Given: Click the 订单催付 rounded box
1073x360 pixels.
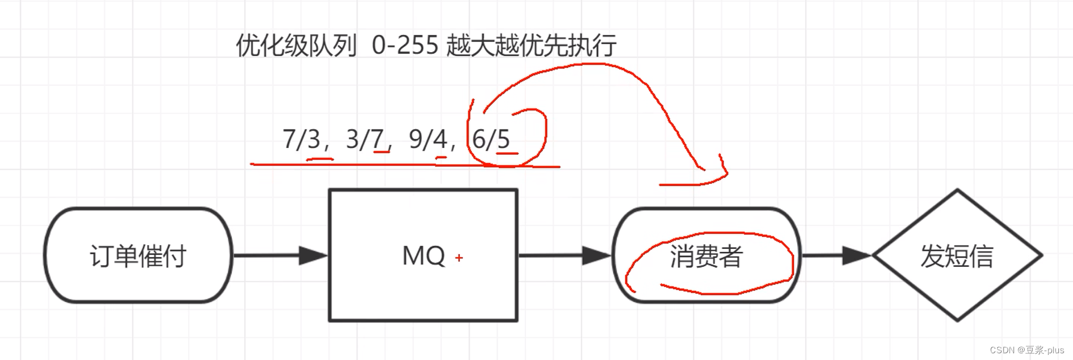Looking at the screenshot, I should (x=138, y=256).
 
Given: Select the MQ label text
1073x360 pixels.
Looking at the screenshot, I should (x=423, y=256).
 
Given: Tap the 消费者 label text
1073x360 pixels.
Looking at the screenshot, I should (x=706, y=256).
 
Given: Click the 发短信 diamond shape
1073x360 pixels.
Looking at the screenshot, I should (x=957, y=256).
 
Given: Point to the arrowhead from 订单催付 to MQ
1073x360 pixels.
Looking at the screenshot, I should (x=313, y=256).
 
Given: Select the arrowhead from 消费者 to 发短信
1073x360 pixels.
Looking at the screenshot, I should (x=856, y=256).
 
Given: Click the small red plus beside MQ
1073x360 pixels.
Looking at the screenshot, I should (x=459, y=258).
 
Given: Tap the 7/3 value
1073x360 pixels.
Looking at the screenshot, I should (x=301, y=139).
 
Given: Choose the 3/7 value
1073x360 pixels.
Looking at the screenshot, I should (x=365, y=139).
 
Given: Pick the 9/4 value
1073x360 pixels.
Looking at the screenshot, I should (x=428, y=139).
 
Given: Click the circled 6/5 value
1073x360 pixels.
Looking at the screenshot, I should (x=491, y=139).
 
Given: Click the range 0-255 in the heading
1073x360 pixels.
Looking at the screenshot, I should (x=405, y=45).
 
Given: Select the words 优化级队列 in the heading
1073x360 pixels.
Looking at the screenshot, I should (x=296, y=45).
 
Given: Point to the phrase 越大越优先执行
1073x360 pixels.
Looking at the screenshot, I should (x=531, y=45).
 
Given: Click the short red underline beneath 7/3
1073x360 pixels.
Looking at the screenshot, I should (x=320, y=160).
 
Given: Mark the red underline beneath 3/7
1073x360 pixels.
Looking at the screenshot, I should (x=381, y=151).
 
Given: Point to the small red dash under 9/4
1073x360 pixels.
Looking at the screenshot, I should (x=441, y=158).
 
